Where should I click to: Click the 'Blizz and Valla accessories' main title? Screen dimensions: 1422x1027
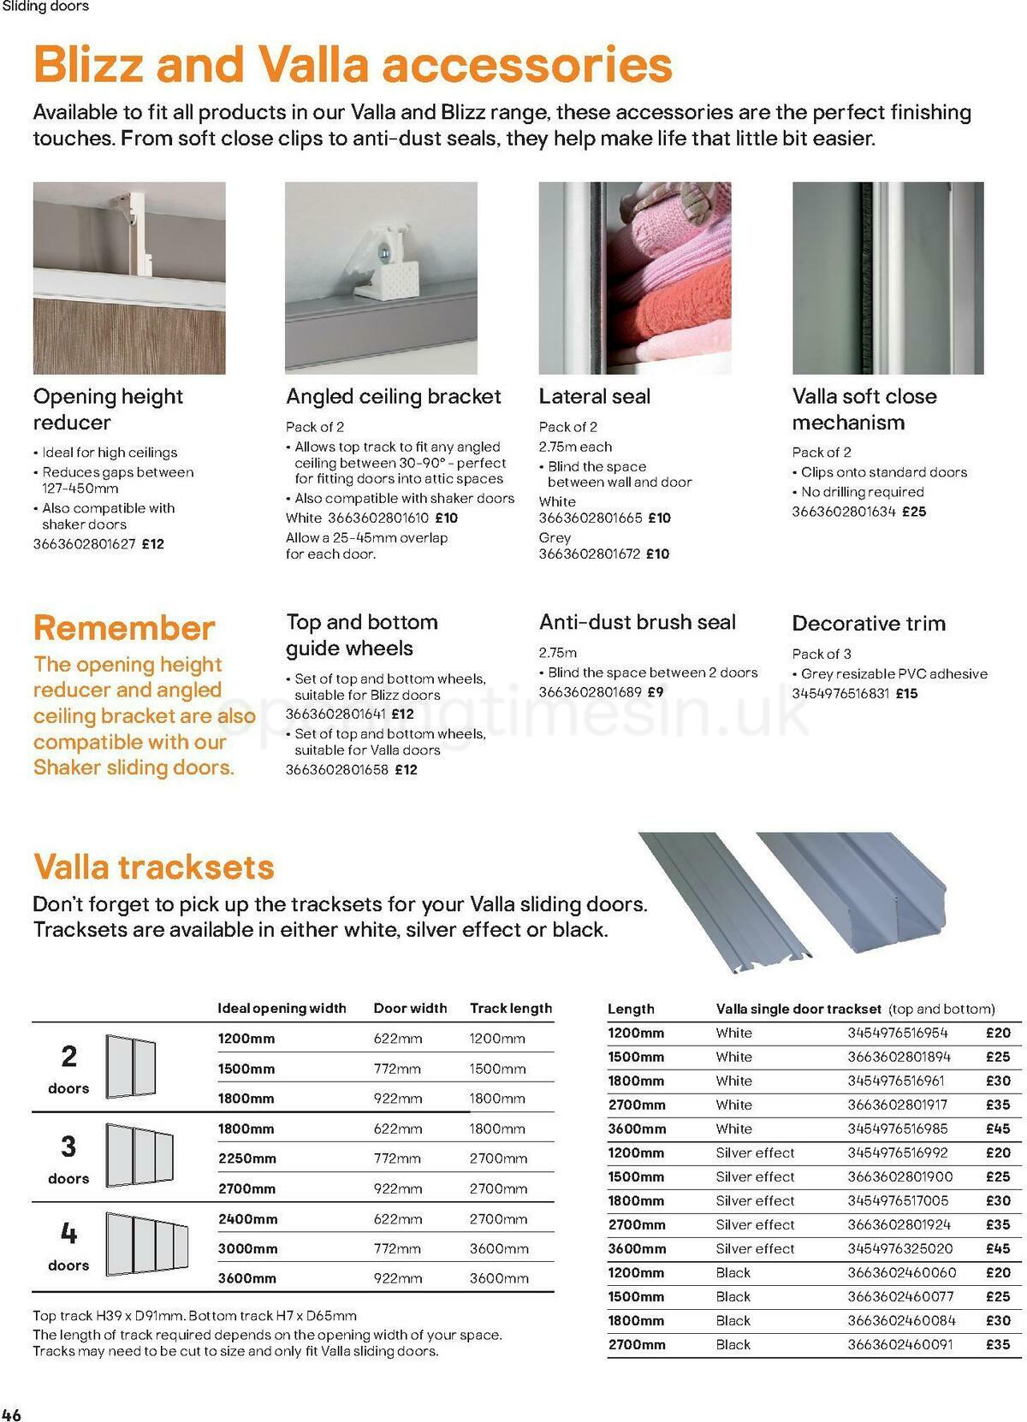point(353,64)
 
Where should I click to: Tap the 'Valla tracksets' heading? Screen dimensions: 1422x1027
point(154,867)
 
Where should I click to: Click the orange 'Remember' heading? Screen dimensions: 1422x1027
point(124,628)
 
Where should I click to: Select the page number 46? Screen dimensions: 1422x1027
point(12,1413)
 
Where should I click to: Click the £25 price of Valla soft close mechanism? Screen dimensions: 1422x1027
point(914,512)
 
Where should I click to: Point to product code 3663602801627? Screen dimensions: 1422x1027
point(84,543)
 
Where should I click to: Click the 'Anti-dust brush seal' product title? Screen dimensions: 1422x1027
point(637,622)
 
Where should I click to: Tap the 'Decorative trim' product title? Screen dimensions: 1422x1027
point(869,623)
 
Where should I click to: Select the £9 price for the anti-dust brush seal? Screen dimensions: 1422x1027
point(655,691)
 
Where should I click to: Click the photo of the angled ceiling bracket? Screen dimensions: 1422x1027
point(381,277)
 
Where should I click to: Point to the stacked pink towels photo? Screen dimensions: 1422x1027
point(635,277)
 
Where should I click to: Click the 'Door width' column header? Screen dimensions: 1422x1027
point(410,1008)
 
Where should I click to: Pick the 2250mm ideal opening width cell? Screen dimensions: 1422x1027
point(247,1158)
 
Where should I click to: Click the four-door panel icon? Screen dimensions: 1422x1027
point(146,1242)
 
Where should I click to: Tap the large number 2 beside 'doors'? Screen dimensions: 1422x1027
point(68,1057)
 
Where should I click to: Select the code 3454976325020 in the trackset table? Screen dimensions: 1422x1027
point(899,1248)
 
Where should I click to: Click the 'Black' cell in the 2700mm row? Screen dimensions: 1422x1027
point(733,1344)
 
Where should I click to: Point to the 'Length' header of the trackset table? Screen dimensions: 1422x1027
point(631,1009)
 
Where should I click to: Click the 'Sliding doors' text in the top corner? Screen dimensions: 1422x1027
point(45,7)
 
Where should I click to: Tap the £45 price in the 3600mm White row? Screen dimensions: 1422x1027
point(998,1129)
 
